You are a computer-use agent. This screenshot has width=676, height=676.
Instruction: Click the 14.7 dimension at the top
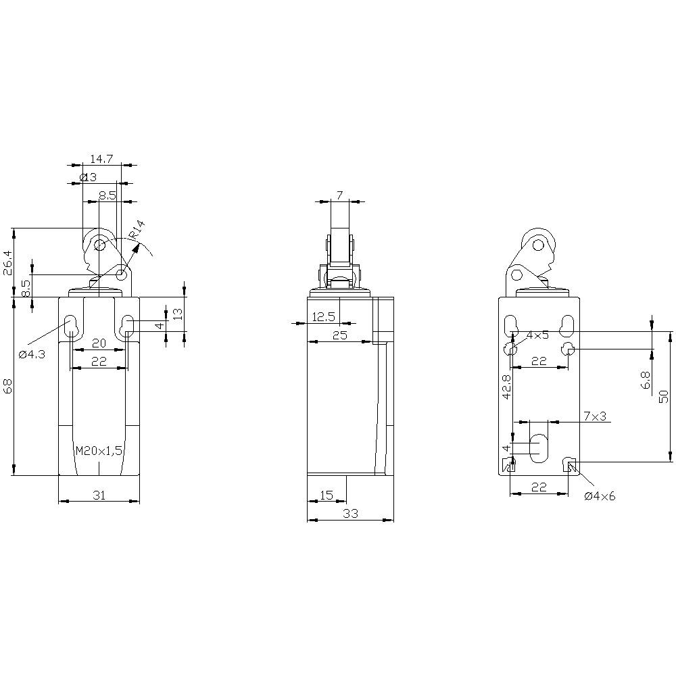pos(101,159)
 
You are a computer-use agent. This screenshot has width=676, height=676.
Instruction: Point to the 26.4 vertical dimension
pos(8,262)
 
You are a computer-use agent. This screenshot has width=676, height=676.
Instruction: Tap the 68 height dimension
pos(8,387)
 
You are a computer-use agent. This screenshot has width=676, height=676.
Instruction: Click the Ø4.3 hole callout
pos(32,354)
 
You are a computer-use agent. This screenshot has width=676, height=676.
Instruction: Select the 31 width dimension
pos(99,496)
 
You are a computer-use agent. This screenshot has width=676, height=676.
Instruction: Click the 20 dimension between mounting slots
pos(99,343)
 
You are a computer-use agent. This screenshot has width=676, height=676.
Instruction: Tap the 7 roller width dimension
pos(339,195)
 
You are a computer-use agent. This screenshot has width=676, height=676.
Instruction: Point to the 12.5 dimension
pos(323,316)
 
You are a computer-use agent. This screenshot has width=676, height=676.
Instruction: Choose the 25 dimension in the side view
pos(339,335)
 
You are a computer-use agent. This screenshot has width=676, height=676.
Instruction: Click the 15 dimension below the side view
pos(326,496)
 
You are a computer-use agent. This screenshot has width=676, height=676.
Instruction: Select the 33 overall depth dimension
pos(350,514)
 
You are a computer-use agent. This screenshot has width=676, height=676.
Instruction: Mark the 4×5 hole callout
pos(538,335)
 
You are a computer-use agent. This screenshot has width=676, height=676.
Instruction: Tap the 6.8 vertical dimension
pos(645,381)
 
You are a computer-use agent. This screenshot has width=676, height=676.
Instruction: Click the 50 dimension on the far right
pos(664,397)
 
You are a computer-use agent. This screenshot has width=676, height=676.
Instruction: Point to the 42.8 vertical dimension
pos(507,388)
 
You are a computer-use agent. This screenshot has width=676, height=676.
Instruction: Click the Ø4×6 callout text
pos(600,496)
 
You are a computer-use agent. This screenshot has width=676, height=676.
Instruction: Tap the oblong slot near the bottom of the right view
pos(539,448)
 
